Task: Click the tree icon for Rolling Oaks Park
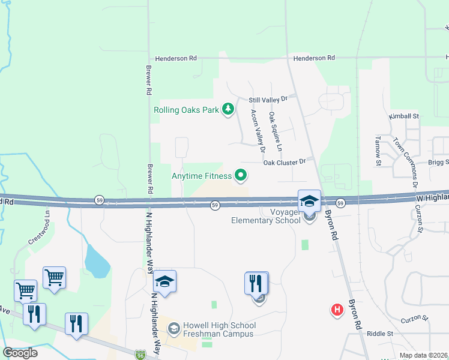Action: coord(228,109)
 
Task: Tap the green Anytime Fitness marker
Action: coord(241,176)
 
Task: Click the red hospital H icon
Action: coord(337,309)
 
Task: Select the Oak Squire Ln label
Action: coord(275,131)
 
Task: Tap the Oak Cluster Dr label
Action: coord(285,162)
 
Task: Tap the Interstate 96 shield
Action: coord(140,355)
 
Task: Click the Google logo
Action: coord(20,353)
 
